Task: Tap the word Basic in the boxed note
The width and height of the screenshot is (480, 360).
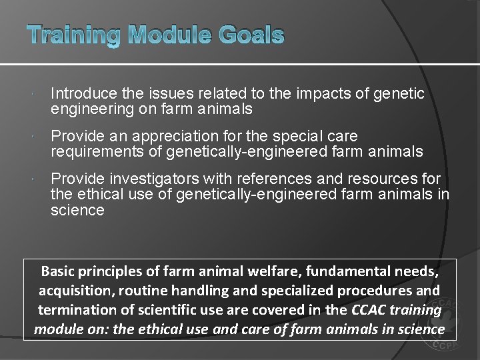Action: coord(59,271)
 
